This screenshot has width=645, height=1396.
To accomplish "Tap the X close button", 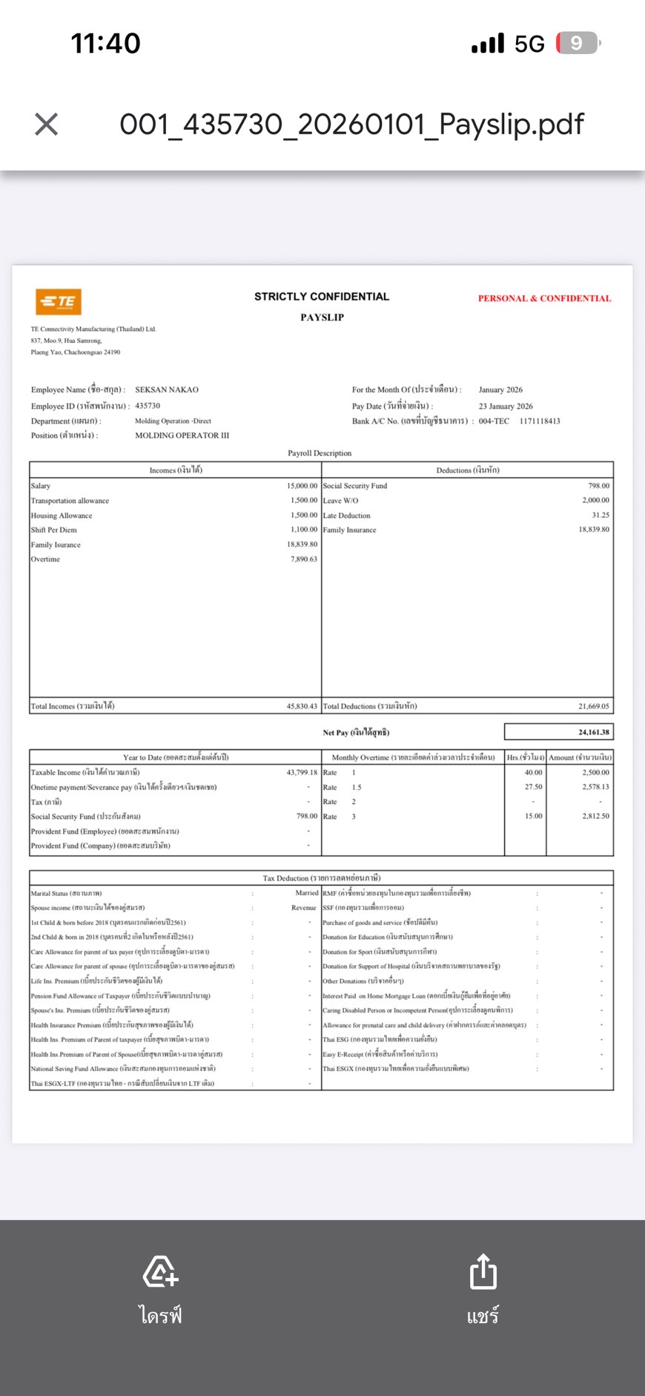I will click(46, 124).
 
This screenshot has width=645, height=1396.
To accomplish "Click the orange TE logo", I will click(59, 301).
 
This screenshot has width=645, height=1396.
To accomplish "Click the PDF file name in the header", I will click(351, 124).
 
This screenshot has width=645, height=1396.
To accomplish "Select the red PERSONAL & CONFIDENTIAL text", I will click(544, 298).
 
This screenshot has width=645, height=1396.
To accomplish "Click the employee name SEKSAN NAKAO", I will click(167, 389).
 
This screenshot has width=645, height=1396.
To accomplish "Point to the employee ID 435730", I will click(148, 406).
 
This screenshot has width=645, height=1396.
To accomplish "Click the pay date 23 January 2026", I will click(506, 406).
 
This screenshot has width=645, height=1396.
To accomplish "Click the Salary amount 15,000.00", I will click(302, 486).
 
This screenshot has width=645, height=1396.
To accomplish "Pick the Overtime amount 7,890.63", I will click(304, 559).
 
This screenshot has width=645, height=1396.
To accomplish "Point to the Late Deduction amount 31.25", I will click(601, 515).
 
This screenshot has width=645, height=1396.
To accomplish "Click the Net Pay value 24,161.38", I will click(594, 732).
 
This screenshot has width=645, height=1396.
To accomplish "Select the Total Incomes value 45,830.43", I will click(302, 706).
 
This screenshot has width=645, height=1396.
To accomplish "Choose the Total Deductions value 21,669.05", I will click(594, 706).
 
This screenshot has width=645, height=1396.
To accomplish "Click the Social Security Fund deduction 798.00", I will click(598, 486).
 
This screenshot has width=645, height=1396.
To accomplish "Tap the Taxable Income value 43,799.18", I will click(302, 772).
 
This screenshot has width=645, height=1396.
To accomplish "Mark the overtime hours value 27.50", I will click(533, 787).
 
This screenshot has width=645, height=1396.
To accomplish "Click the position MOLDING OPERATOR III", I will click(182, 435).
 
